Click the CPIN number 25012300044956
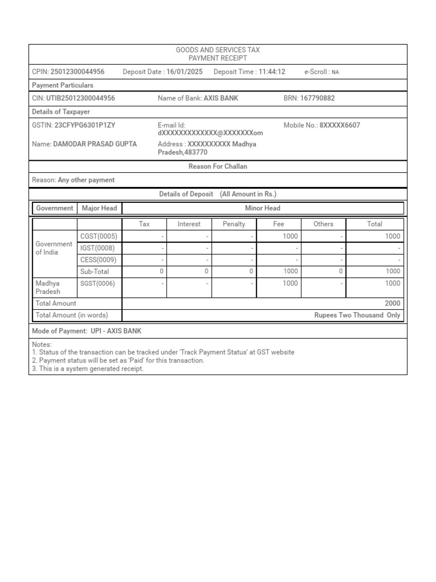(77, 72)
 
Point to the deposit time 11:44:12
(272, 72)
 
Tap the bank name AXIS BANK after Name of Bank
(221, 98)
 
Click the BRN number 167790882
(317, 98)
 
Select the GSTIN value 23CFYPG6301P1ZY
(85, 125)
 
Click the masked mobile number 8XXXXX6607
(339, 125)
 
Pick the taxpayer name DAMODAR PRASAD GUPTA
(95, 144)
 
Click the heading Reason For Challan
(217, 167)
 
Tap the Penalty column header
(234, 224)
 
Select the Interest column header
(189, 224)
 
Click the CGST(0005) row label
(99, 236)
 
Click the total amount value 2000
(392, 304)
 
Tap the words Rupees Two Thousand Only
(357, 315)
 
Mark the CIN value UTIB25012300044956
(80, 98)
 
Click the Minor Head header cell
(262, 208)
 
